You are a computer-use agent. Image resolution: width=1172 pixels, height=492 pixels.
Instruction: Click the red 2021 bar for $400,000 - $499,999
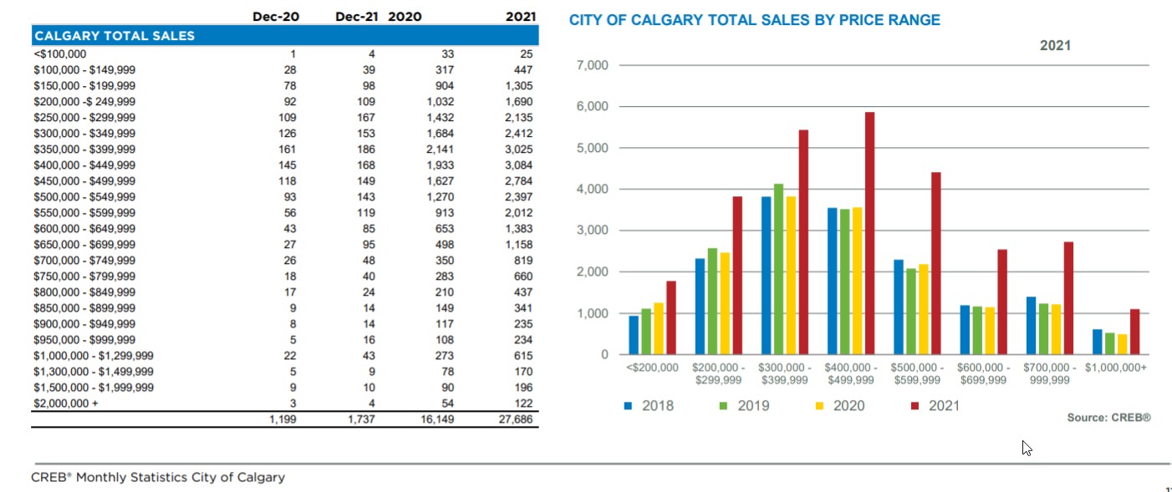(x=869, y=234)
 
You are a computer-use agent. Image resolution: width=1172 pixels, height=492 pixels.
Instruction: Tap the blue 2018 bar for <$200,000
(x=634, y=335)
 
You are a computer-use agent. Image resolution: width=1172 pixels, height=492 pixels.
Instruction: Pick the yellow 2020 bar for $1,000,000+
(x=1122, y=344)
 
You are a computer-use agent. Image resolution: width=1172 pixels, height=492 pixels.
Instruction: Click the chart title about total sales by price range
(x=754, y=20)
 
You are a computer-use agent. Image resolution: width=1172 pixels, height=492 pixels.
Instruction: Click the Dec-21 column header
(x=357, y=17)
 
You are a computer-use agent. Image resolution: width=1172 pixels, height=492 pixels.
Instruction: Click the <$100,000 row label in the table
(x=59, y=54)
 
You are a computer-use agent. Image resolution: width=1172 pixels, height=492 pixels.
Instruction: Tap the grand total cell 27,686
(x=515, y=419)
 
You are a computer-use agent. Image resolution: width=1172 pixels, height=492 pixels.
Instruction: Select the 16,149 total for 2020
(x=436, y=419)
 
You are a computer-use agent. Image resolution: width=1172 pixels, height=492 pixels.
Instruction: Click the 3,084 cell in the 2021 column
(x=518, y=165)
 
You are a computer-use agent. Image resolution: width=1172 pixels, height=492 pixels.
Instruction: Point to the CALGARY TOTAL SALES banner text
(x=115, y=36)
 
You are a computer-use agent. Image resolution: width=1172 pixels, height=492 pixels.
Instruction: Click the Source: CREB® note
(x=1108, y=418)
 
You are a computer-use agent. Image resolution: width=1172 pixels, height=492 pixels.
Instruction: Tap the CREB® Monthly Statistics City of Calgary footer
(x=158, y=478)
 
